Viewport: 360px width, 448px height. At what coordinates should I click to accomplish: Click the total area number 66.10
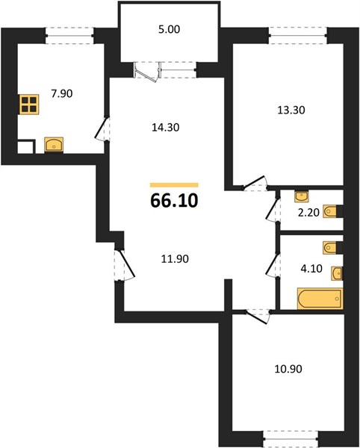point(174,200)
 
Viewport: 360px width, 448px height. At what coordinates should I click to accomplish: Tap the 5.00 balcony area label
point(169,29)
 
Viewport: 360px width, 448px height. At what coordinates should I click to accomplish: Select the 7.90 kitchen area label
point(62,93)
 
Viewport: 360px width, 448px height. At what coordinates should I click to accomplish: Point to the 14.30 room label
point(165,127)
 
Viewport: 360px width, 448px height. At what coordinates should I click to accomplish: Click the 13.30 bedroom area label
point(291,110)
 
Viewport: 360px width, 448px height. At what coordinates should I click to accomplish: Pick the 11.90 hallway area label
point(175,259)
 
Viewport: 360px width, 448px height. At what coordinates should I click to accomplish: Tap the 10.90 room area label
point(288,369)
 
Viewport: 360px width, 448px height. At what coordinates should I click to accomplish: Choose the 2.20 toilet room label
point(308,213)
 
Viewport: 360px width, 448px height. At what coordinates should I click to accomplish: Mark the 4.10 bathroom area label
point(311,269)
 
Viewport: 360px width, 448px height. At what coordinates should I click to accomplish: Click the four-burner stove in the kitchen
point(29,105)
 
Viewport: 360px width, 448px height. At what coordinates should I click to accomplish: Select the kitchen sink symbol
point(54,145)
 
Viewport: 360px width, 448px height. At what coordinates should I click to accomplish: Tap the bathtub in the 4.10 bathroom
point(320,299)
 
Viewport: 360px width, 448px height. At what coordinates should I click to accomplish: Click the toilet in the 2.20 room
point(333,211)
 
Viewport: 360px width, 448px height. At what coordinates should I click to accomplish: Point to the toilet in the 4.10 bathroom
point(333,247)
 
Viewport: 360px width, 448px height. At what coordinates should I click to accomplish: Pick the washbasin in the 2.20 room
point(302,196)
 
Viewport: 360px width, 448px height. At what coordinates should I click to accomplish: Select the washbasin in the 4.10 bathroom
point(337,273)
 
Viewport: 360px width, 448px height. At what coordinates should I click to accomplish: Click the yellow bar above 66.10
point(174,185)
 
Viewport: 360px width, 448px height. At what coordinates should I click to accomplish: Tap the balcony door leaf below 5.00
point(146,73)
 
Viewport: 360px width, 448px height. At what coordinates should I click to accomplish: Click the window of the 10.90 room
point(291,439)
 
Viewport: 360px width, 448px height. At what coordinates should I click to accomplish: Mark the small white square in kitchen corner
point(26,147)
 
